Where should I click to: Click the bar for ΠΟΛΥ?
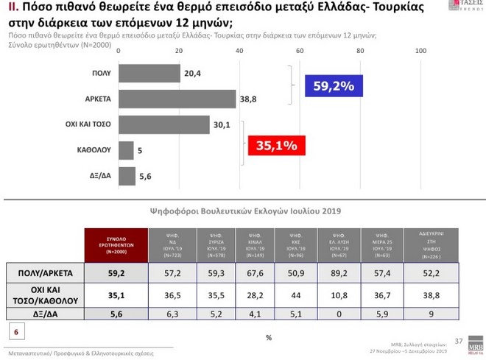[149, 74]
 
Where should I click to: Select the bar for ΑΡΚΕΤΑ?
[177, 99]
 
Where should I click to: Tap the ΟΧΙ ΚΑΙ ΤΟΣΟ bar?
[163, 125]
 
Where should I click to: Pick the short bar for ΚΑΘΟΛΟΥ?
[126, 150]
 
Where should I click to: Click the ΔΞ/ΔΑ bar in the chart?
[127, 176]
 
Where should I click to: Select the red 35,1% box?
[276, 145]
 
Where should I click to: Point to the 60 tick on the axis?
[300, 51]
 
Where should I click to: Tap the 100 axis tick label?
[420, 51]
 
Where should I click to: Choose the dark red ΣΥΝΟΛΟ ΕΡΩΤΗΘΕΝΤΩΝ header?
[113, 244]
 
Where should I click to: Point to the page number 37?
[459, 341]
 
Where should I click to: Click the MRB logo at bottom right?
[475, 345]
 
